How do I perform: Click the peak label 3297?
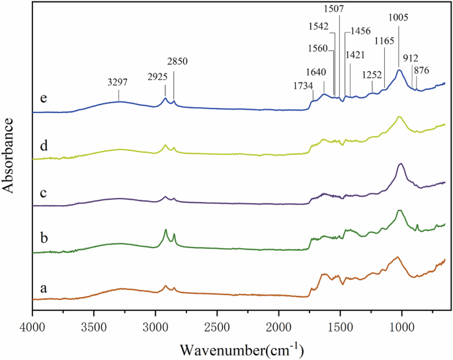(x=119, y=83)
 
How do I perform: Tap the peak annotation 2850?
(x=178, y=60)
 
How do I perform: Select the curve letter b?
(x=43, y=236)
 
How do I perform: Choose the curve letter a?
(x=43, y=289)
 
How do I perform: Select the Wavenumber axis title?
(x=238, y=347)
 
